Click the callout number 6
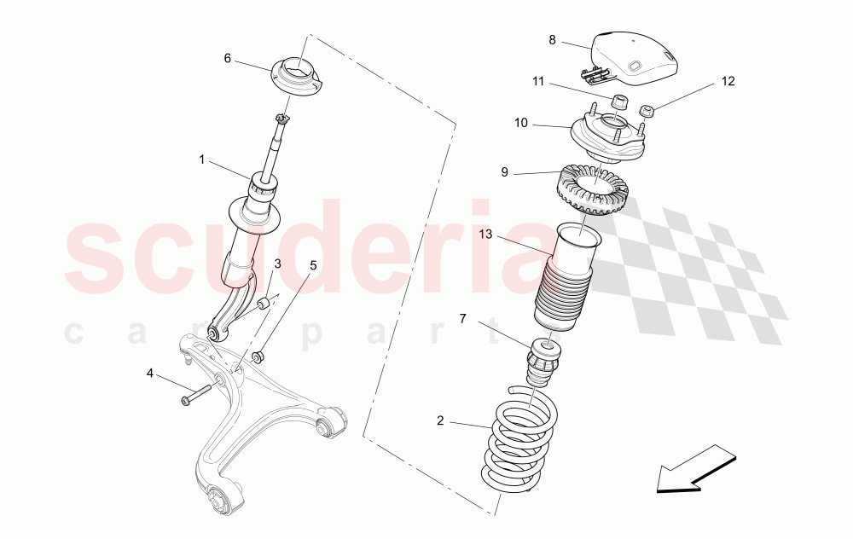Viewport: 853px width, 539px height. click(228, 58)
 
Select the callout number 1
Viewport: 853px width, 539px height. click(202, 159)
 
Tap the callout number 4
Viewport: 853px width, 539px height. click(150, 373)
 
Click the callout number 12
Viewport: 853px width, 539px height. click(728, 82)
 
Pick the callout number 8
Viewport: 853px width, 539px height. click(552, 40)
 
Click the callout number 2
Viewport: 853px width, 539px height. click(440, 420)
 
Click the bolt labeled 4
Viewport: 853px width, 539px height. click(198, 395)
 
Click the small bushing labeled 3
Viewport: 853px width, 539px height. click(264, 302)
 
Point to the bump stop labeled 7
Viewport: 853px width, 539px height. click(543, 362)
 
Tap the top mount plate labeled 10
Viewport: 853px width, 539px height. click(607, 138)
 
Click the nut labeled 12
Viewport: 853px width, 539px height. click(647, 109)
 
